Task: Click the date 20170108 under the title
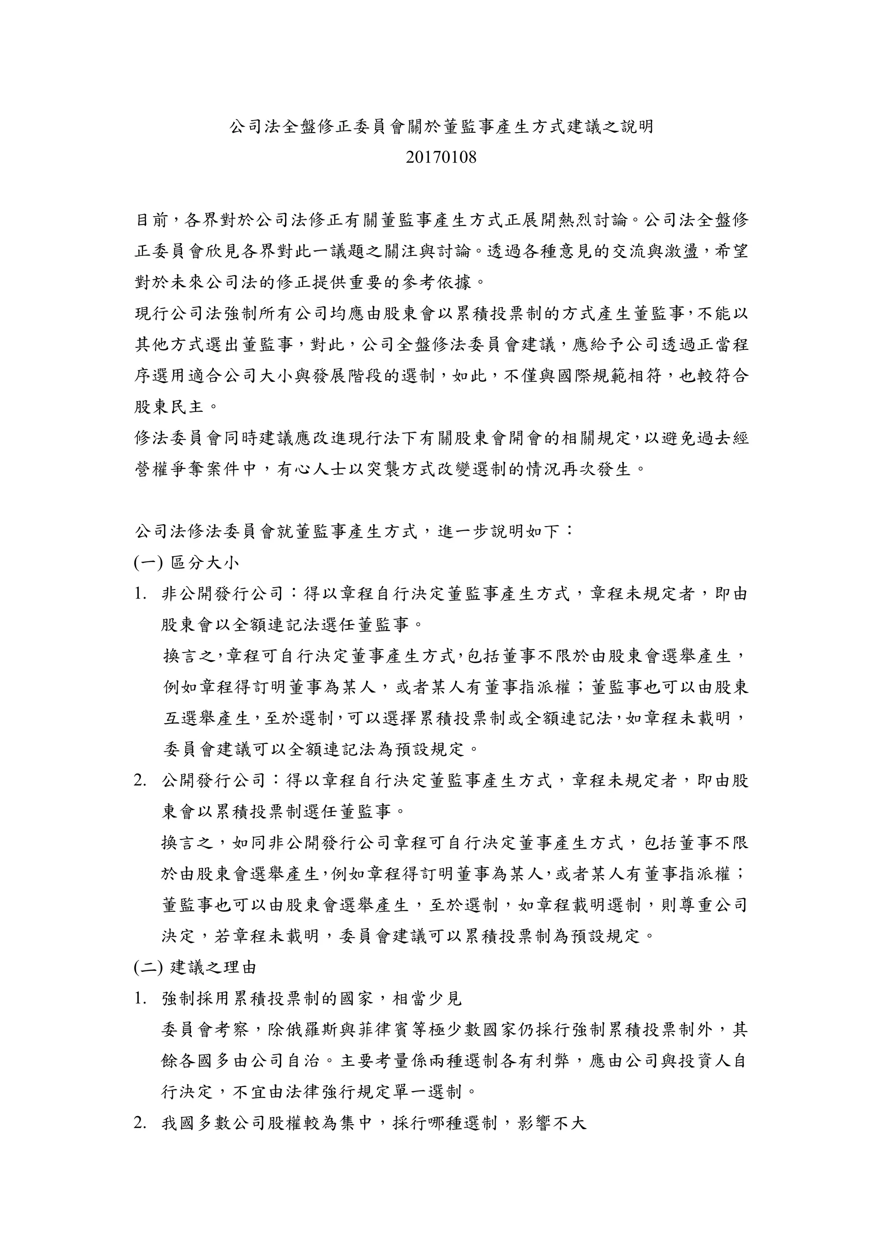pos(441,158)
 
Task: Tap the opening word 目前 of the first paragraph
pos(152,220)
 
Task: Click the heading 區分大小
pos(205,562)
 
